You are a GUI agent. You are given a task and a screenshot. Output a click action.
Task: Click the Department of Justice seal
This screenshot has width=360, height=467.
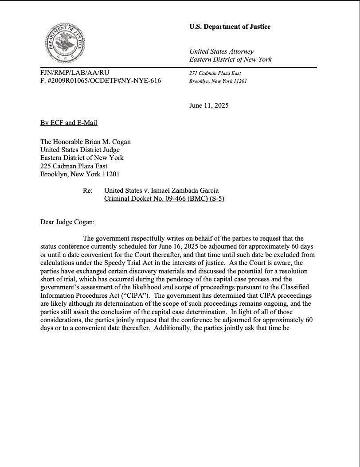65,43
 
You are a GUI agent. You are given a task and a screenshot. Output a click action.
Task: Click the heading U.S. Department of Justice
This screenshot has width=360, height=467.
230,27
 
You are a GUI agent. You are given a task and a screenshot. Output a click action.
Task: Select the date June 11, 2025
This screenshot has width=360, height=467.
209,105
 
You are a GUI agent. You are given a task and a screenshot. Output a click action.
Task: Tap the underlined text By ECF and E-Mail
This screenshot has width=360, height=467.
69,123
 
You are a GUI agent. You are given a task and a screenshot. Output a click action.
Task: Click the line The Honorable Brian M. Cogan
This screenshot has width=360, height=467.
86,142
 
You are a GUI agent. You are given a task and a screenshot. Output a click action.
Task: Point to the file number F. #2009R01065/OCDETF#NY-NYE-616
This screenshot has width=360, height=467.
101,81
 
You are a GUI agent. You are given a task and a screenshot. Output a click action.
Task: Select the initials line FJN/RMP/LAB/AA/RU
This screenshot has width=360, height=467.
74,73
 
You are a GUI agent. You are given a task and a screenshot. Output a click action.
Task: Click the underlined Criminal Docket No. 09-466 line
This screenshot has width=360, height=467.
164,198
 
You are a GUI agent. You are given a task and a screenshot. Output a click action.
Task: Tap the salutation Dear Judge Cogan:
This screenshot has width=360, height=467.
67,222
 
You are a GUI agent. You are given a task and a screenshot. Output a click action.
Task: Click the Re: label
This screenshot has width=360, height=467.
87,191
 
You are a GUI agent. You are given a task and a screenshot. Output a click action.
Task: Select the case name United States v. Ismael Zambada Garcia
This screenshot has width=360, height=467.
161,191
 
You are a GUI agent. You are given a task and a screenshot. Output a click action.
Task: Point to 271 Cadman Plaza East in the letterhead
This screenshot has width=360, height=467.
215,73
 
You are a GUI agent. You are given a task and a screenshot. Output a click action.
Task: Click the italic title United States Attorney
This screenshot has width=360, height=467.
221,51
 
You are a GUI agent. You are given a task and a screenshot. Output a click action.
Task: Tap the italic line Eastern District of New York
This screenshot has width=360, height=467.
230,59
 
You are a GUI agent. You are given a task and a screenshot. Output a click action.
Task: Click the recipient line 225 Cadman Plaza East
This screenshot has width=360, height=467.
74,166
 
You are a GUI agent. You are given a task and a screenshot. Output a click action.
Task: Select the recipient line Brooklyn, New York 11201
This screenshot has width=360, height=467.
80,174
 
